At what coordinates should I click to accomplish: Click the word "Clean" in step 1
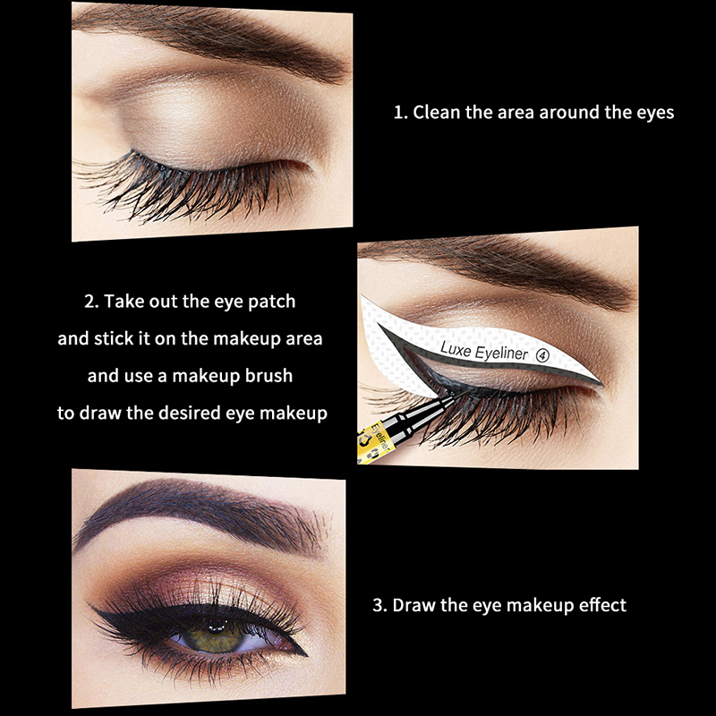[436, 113]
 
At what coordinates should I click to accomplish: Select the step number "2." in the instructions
[91, 302]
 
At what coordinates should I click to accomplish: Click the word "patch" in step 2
[271, 303]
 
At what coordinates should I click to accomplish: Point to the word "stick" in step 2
[114, 339]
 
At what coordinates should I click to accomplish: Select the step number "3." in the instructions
[379, 605]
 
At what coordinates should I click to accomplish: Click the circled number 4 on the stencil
[542, 355]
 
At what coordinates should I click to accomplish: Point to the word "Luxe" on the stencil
[456, 349]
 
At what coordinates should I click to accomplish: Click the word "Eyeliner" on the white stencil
[501, 353]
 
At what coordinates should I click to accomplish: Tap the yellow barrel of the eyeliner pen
[372, 443]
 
